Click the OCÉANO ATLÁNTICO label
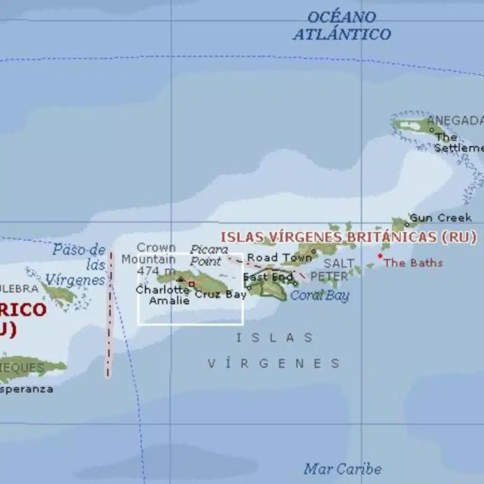click(341, 26)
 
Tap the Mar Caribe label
click(342, 469)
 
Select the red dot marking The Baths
click(380, 256)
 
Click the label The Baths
click(413, 263)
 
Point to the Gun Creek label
click(441, 218)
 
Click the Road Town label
click(279, 258)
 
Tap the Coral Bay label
click(320, 296)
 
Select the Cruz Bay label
click(221, 295)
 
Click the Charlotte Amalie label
click(163, 295)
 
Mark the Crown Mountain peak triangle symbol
click(181, 279)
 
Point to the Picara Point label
click(208, 255)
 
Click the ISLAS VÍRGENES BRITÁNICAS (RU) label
click(348, 237)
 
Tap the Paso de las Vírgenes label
click(79, 265)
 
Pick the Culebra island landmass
click(59, 294)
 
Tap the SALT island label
click(339, 263)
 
